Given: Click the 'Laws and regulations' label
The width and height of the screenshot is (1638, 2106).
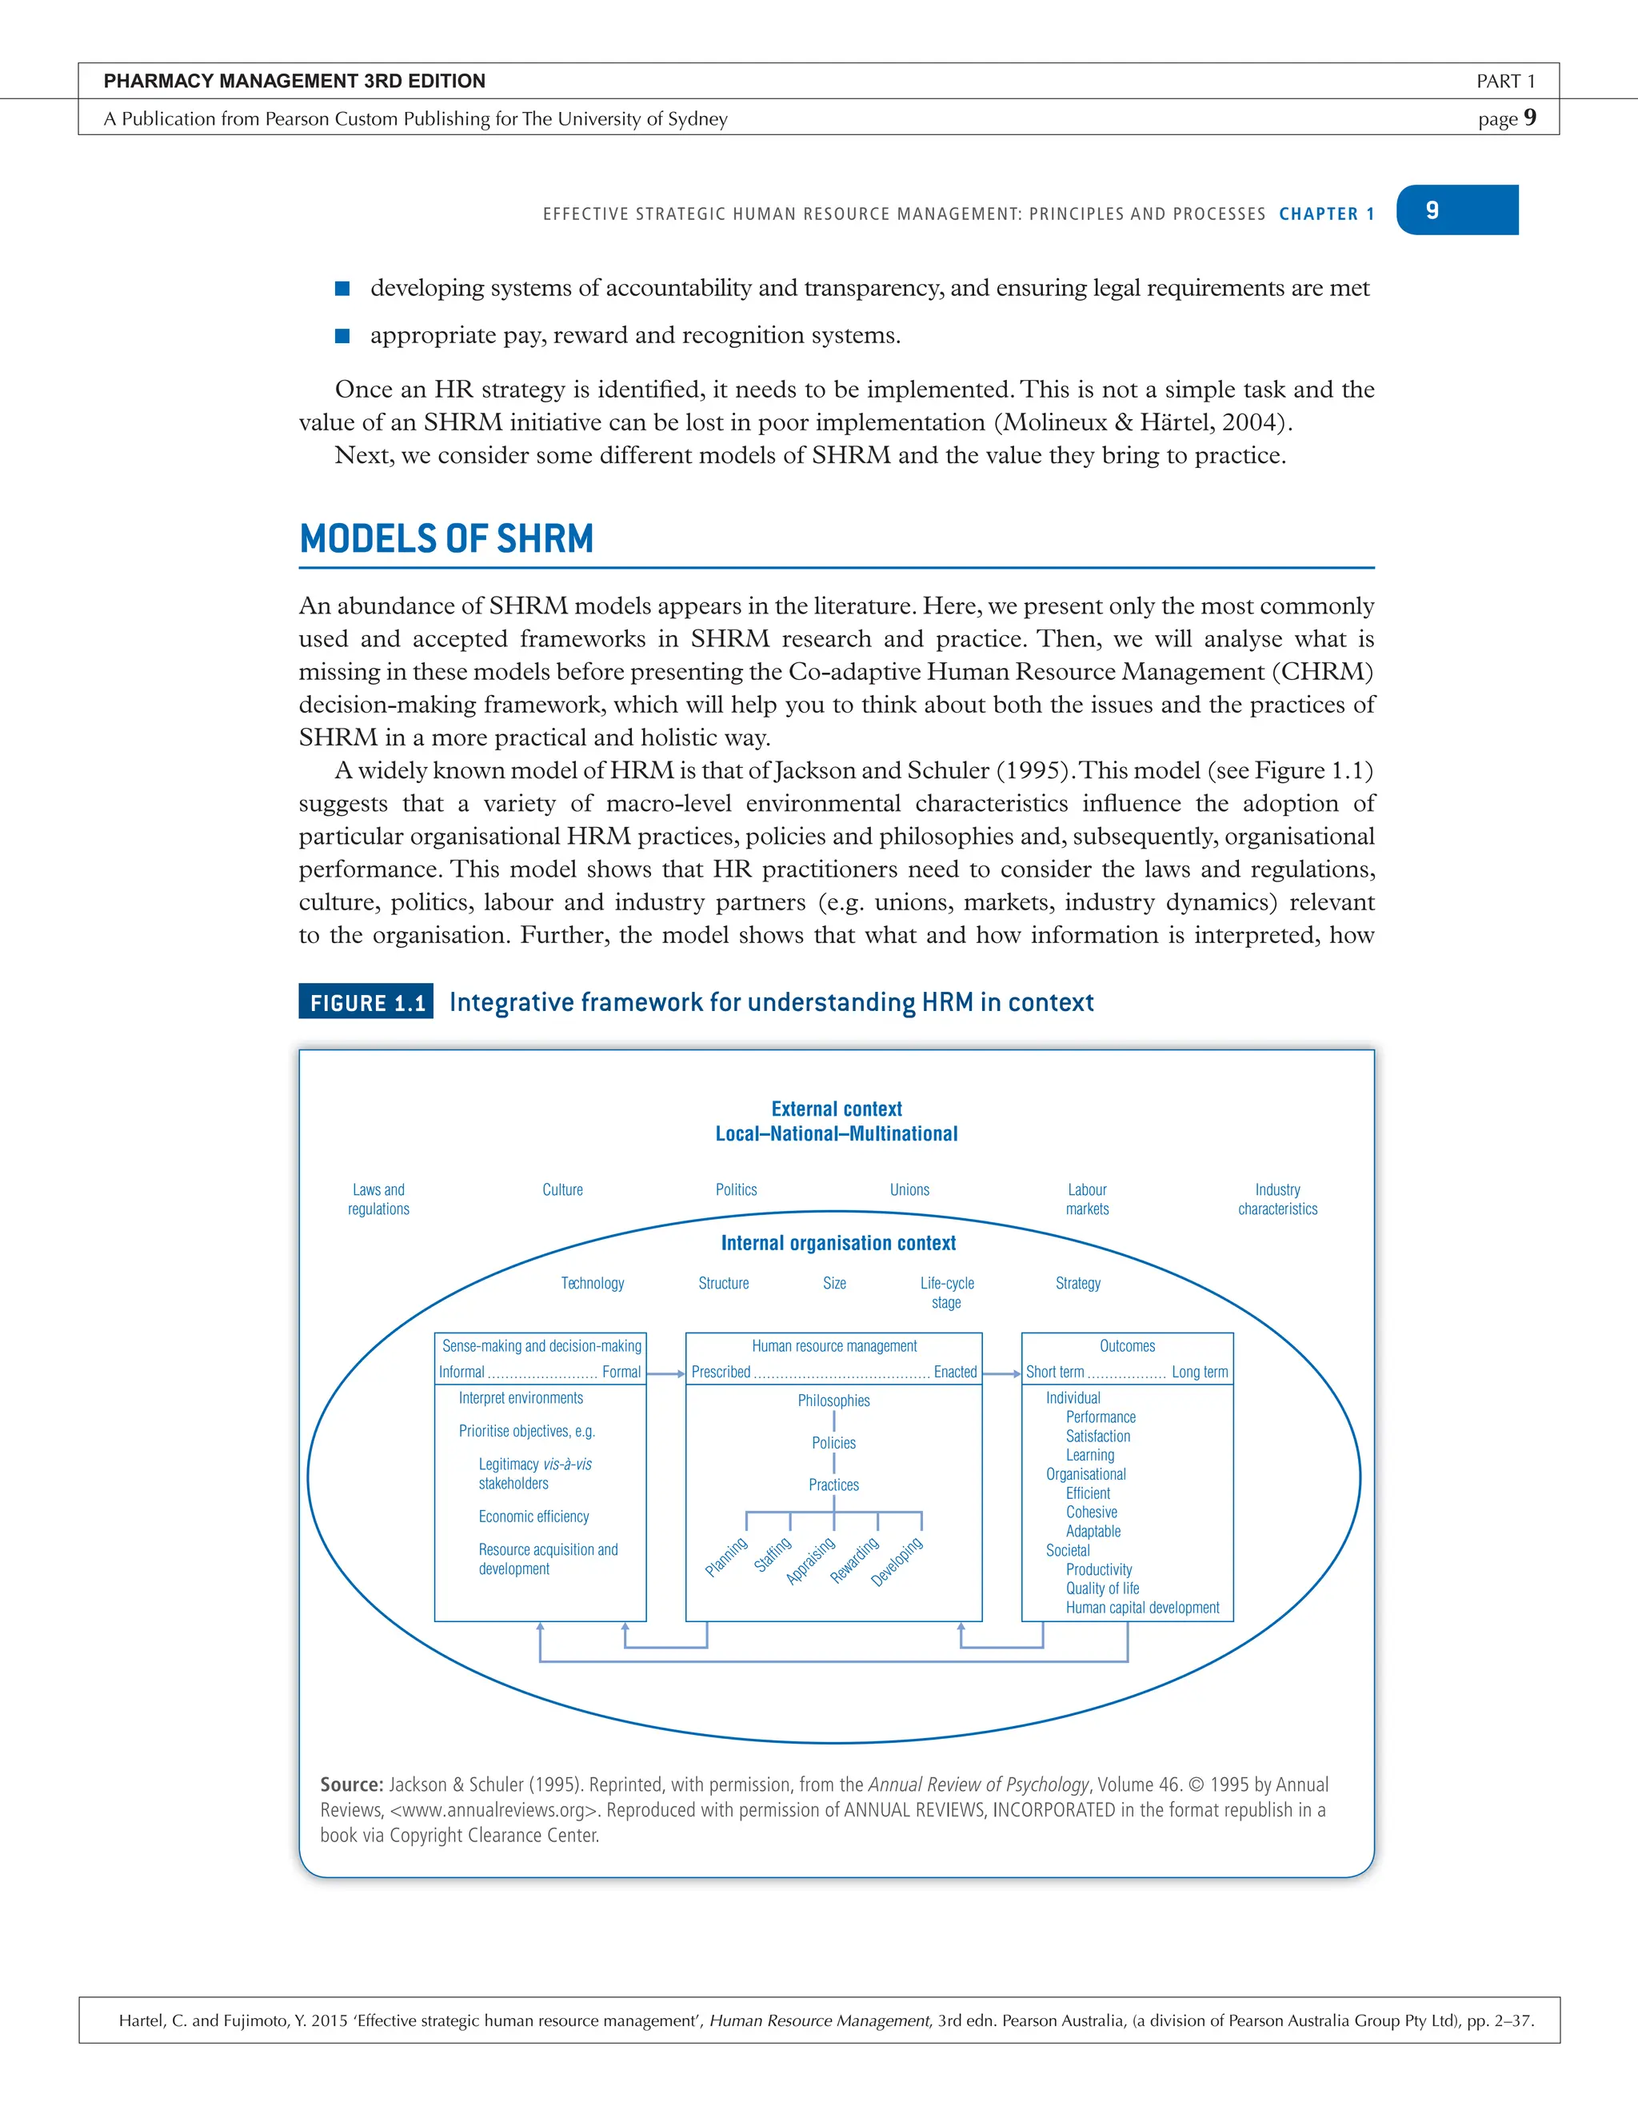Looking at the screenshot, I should (x=378, y=1199).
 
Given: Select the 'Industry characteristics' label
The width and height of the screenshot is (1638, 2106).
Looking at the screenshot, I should (x=1277, y=1199).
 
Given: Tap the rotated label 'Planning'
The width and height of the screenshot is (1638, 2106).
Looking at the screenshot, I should (x=726, y=1557).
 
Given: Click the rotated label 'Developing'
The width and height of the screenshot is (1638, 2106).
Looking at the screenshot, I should (x=897, y=1561).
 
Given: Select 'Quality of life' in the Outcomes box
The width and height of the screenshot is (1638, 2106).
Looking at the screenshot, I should (x=1102, y=1588).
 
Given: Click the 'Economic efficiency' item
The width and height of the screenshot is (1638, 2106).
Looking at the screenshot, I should (x=533, y=1516).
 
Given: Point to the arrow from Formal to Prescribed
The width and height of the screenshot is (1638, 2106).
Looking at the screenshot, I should (x=665, y=1373).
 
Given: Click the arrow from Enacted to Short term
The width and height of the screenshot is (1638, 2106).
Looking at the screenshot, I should (x=1001, y=1373).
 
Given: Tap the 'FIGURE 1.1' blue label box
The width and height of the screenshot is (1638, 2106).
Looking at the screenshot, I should (x=366, y=1002).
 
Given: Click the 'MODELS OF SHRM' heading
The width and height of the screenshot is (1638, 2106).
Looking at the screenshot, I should (x=446, y=538).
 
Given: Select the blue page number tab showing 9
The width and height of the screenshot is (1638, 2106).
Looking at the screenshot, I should (x=1456, y=210).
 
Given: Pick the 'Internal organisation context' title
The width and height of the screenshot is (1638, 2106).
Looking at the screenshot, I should (x=838, y=1243).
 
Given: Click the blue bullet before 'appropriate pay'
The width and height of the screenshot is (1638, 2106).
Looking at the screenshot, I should (x=342, y=336).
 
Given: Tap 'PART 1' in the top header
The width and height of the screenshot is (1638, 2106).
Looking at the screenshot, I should (x=1505, y=81).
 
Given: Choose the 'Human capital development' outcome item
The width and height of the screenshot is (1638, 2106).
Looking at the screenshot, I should (x=1141, y=1608).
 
